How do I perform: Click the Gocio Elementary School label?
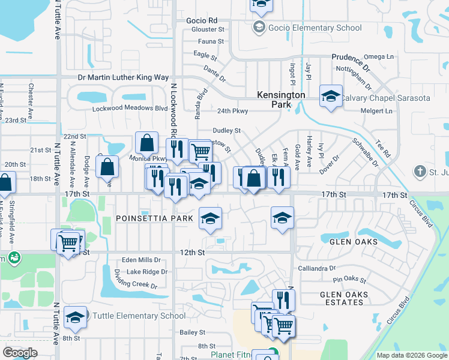(315, 28)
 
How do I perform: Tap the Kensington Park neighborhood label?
(281, 100)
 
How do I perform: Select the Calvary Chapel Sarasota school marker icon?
(330, 96)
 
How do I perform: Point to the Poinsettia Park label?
(154, 218)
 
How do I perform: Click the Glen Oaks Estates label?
(342, 298)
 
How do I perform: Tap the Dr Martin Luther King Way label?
(123, 77)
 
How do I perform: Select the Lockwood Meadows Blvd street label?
(130, 109)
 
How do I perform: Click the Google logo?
(20, 353)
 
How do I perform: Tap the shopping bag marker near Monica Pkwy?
(146, 143)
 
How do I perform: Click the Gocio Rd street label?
(202, 20)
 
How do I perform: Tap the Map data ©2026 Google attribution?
(411, 355)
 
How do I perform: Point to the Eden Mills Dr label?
(141, 260)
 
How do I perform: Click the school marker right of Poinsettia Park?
(209, 219)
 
